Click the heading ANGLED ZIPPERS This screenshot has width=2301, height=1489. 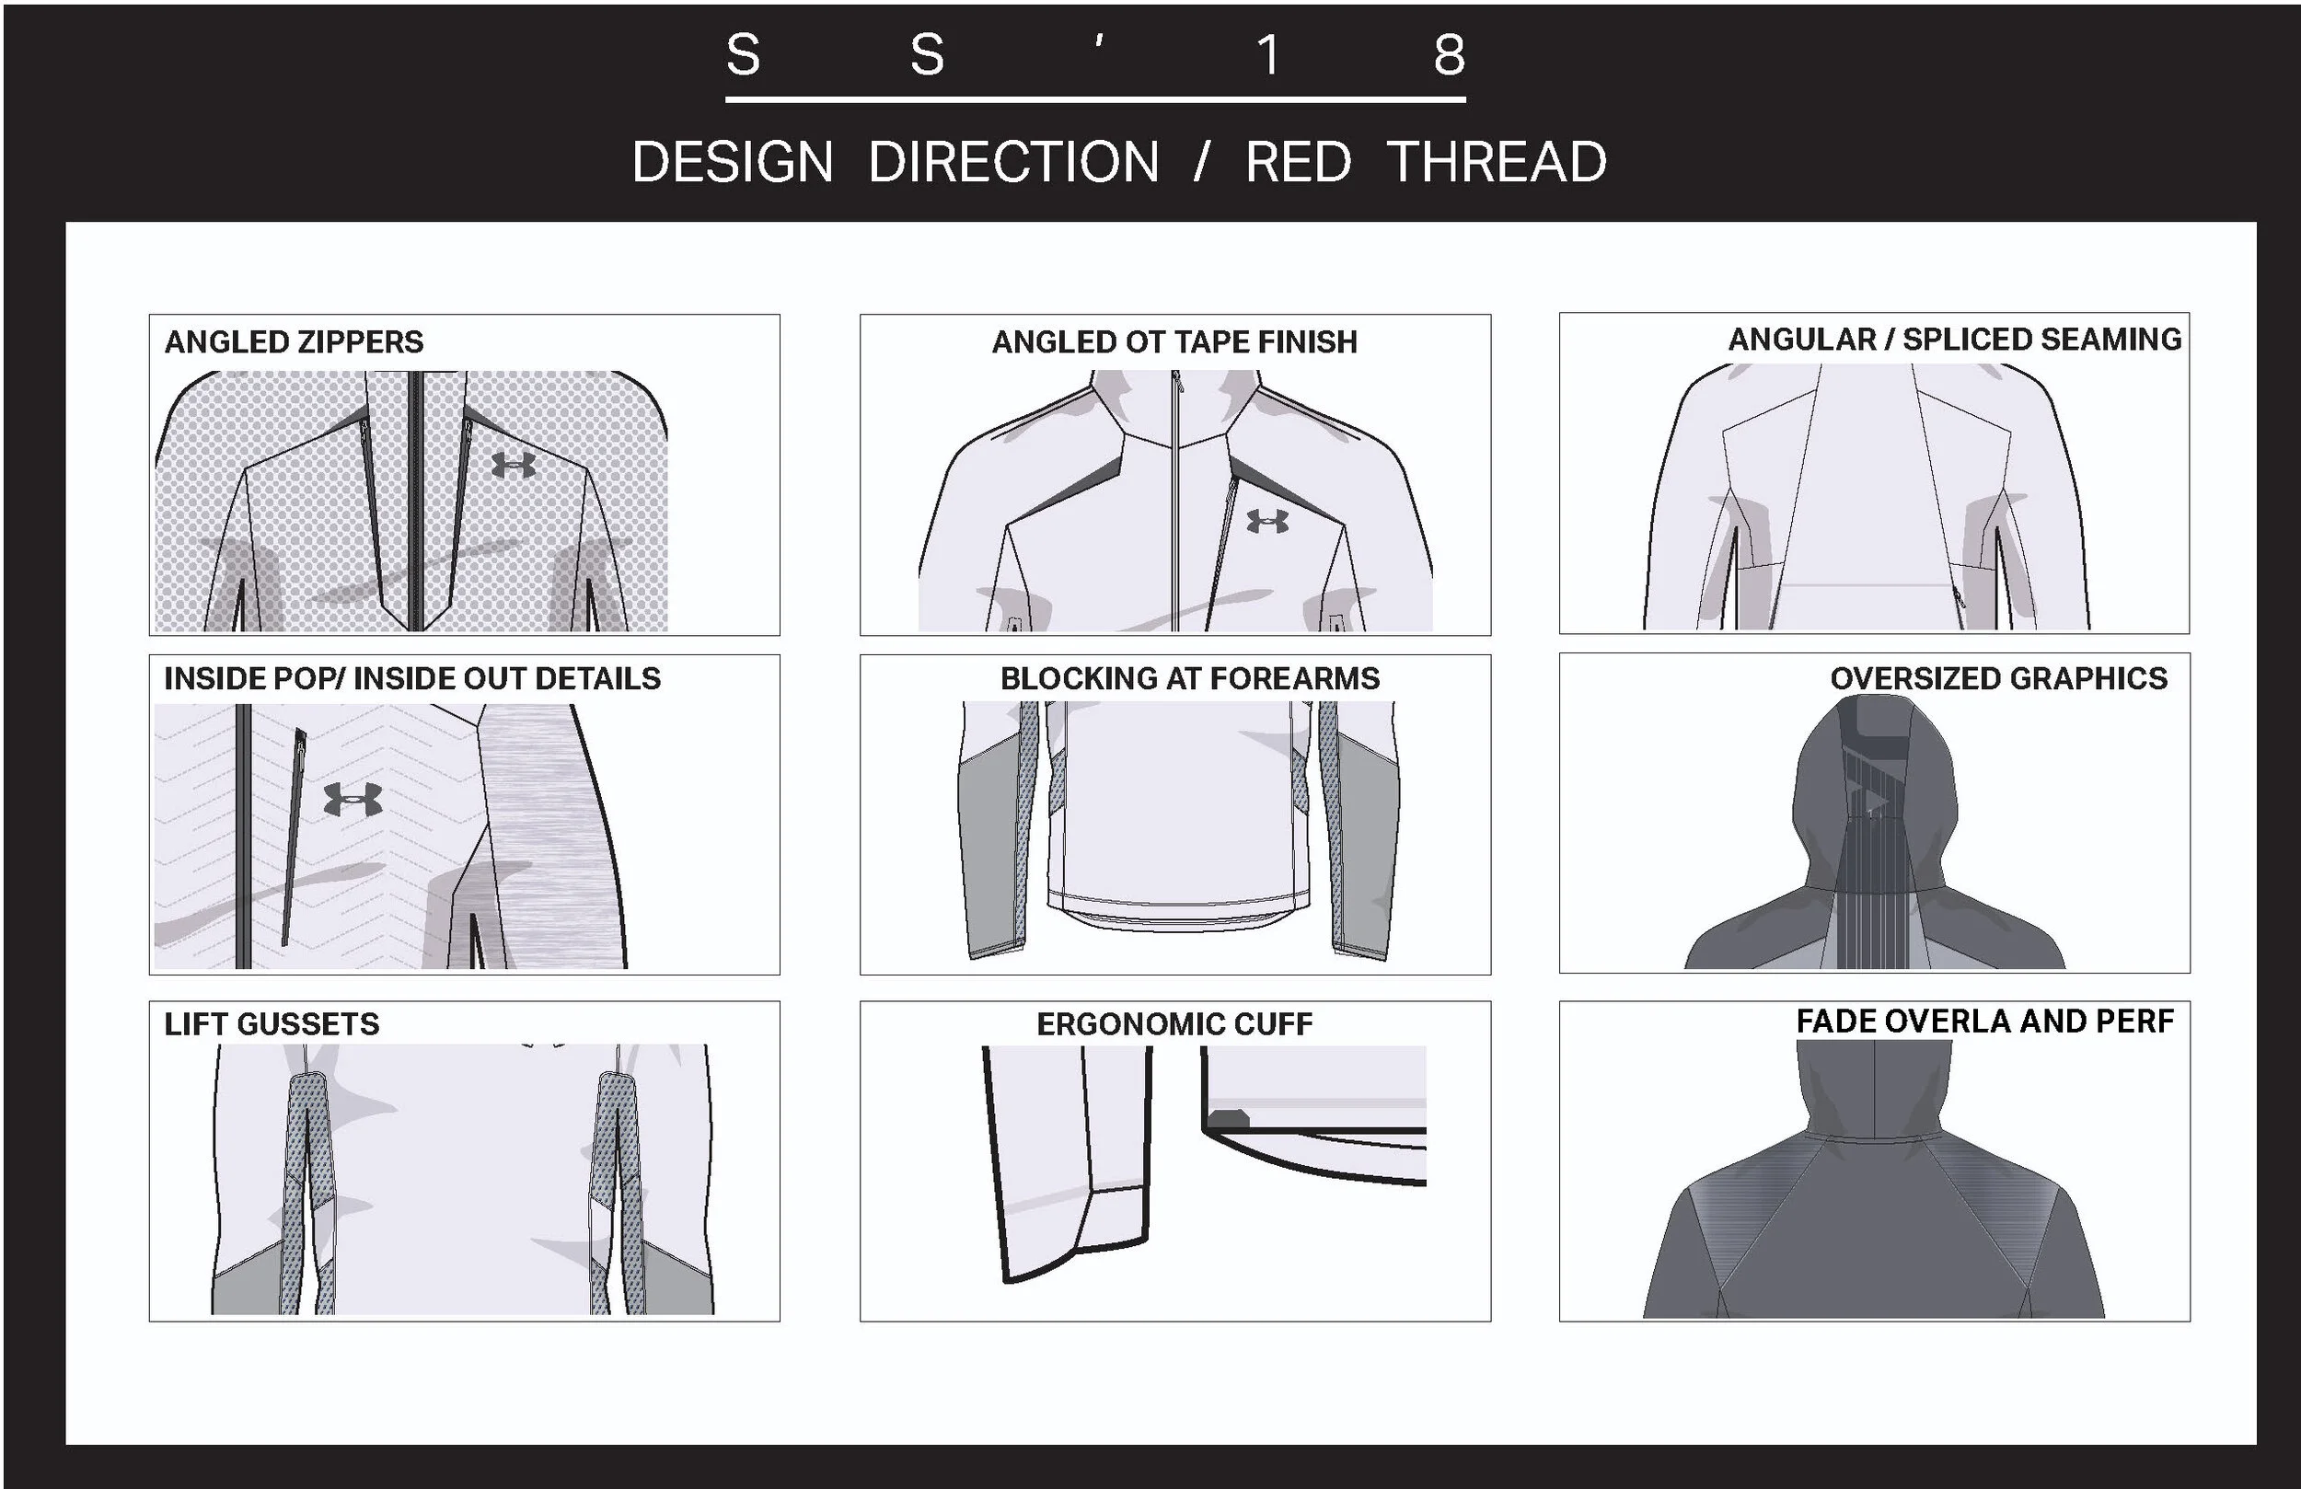pyautogui.click(x=294, y=342)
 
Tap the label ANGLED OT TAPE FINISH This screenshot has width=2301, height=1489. pyautogui.click(x=1174, y=342)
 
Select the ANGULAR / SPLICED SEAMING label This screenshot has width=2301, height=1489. pyautogui.click(x=1954, y=340)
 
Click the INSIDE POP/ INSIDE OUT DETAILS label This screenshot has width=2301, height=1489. pyautogui.click(x=411, y=679)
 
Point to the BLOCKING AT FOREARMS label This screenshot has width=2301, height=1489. pyautogui.click(x=1189, y=679)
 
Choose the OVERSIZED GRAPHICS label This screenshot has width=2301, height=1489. pyautogui.click(x=1998, y=679)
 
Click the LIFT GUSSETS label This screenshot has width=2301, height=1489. pyautogui.click(x=272, y=1024)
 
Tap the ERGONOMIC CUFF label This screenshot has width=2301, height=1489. pyautogui.click(x=1174, y=1024)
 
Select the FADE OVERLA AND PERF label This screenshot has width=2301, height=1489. pyautogui.click(x=1983, y=1021)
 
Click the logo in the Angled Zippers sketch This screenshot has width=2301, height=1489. pyautogui.click(x=514, y=465)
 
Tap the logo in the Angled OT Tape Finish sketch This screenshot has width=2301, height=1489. pyautogui.click(x=1267, y=521)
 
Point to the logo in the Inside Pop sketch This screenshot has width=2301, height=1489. pyautogui.click(x=353, y=799)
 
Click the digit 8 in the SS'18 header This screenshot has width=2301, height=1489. pyautogui.click(x=1449, y=55)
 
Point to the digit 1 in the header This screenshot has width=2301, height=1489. pyautogui.click(x=1268, y=55)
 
